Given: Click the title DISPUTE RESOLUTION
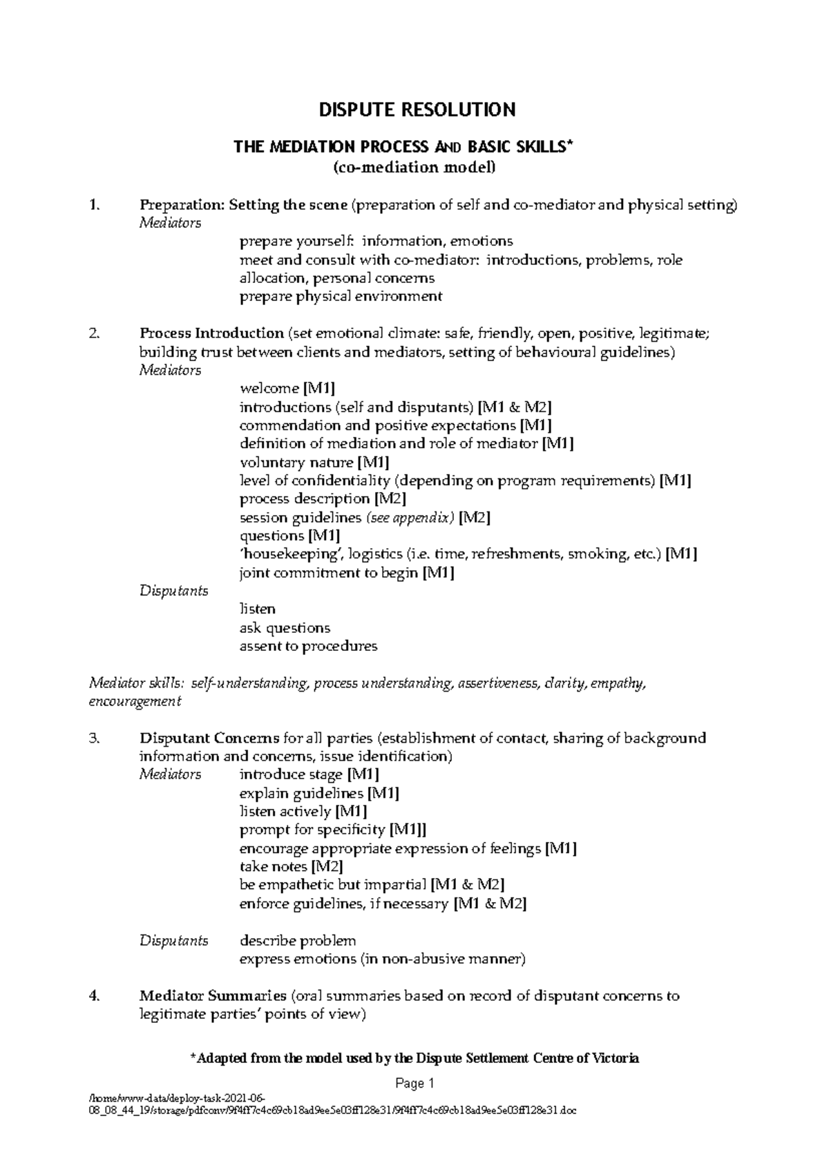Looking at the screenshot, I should click(416, 110).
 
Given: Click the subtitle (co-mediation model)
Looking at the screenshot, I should click(414, 167).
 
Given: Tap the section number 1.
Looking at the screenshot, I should click(95, 205).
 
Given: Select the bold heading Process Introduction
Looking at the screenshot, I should click(211, 333).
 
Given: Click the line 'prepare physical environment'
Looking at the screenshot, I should click(341, 297).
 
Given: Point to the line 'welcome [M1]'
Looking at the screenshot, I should click(287, 389).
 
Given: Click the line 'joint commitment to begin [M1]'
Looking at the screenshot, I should click(347, 573).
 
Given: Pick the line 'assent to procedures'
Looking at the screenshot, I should click(308, 647).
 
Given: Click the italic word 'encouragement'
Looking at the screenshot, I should click(135, 702).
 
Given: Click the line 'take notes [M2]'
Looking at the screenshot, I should click(291, 867).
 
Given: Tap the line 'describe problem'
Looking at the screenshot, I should click(298, 941).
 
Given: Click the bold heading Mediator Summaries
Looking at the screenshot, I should click(213, 996).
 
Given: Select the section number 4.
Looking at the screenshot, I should click(95, 996).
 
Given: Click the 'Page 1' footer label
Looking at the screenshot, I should click(414, 1084).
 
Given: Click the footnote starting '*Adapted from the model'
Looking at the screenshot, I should click(414, 1058).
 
